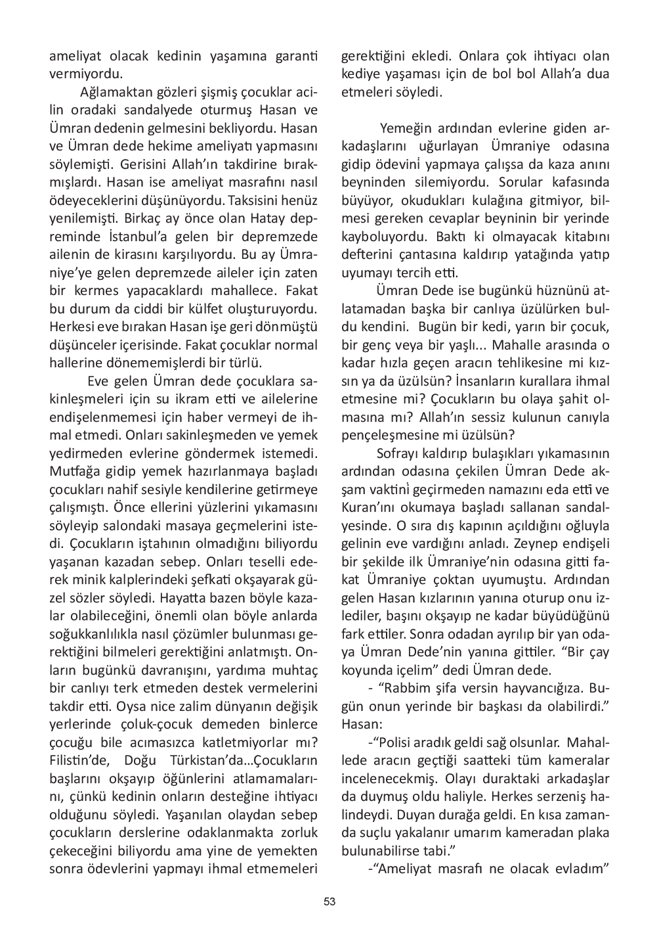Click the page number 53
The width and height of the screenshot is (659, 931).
(x=329, y=901)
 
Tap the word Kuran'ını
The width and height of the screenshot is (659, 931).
(x=371, y=507)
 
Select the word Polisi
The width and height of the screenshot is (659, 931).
(x=398, y=742)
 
